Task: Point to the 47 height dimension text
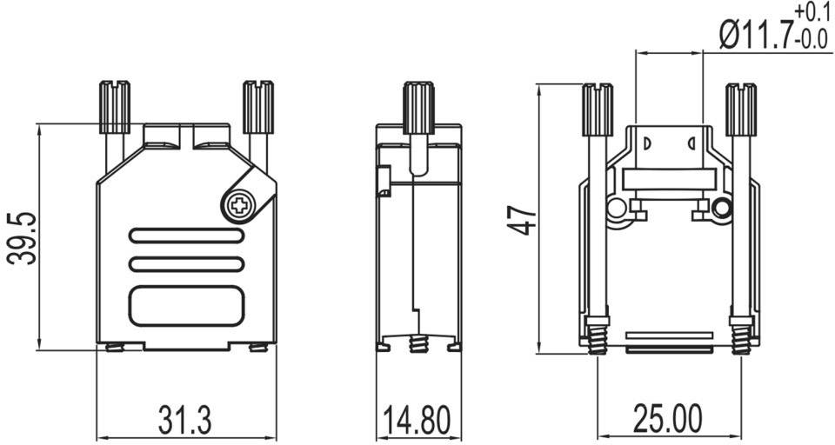[523, 217]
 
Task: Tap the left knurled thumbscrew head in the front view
[115, 106]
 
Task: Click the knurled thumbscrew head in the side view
[418, 106]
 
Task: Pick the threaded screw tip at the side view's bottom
[417, 345]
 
